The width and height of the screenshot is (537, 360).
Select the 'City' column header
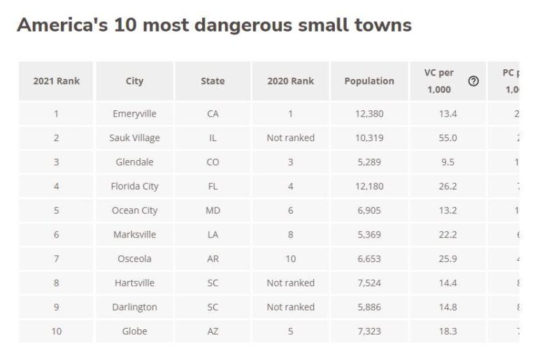pos(134,81)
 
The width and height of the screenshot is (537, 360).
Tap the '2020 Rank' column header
pos(290,81)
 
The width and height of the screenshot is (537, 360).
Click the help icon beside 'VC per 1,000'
pos(473,82)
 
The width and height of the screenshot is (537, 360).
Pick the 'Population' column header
pos(369,81)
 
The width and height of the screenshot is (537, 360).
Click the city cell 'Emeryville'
pos(134,114)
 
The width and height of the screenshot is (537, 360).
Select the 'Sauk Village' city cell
pos(134,138)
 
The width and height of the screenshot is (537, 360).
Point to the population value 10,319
pos(369,138)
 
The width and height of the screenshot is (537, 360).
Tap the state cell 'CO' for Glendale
pos(213,162)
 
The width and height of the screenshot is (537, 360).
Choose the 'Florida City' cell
pos(134,187)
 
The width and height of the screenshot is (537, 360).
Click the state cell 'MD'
pos(213,210)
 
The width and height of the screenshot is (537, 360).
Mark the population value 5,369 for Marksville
pos(369,235)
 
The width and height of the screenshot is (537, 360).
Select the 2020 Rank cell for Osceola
pos(290,259)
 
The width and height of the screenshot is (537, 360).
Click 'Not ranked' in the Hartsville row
pos(290,283)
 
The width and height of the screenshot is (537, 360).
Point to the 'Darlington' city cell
pos(134,307)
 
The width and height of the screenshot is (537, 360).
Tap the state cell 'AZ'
pos(213,331)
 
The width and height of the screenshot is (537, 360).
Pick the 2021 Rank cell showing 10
pos(57,331)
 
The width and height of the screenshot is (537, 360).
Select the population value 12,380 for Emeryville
pos(369,114)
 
